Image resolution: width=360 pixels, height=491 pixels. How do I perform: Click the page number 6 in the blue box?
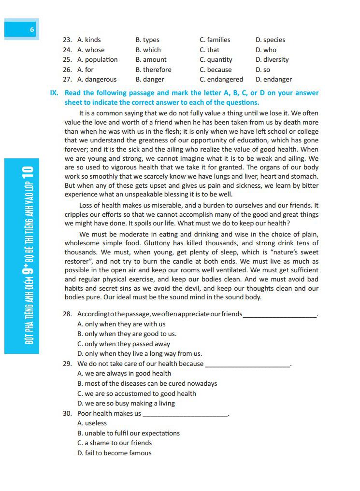[32, 29]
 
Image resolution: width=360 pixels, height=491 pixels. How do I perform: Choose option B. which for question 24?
[148, 50]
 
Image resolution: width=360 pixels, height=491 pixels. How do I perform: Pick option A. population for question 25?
[97, 60]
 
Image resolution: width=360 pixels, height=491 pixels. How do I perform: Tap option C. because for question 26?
[216, 70]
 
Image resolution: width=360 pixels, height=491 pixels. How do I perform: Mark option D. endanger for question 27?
[274, 80]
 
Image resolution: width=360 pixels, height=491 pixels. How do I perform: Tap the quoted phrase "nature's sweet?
[294, 253]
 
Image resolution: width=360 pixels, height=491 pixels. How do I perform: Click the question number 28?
[67, 314]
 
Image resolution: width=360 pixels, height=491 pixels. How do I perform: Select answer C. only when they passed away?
[124, 344]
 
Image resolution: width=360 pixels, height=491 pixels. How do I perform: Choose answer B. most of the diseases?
[147, 384]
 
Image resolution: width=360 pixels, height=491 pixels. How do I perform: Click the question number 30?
[67, 414]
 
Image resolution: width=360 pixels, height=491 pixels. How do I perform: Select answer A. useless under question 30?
[92, 423]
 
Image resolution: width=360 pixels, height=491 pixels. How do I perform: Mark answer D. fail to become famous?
[115, 453]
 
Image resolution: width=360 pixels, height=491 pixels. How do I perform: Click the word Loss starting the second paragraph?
[86, 205]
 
